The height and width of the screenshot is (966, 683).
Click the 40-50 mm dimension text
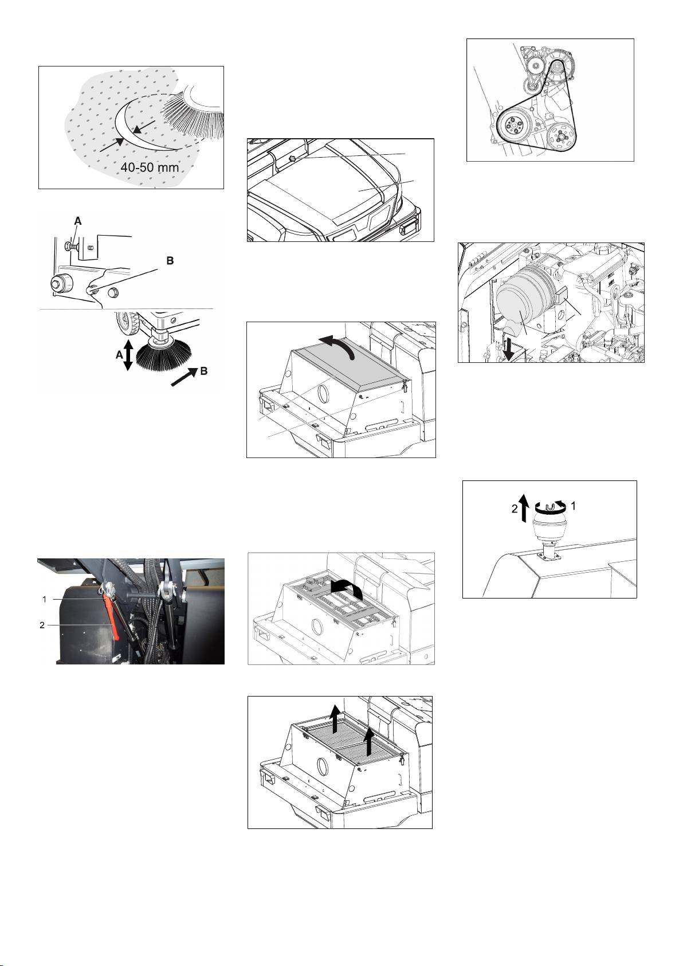(150, 167)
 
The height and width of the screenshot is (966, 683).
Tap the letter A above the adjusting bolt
(78, 221)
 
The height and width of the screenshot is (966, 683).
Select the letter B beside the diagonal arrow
(203, 371)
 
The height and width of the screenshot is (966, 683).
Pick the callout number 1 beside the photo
(44, 599)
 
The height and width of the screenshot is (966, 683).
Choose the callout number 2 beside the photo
(42, 625)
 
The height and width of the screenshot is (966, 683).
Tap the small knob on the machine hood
(292, 159)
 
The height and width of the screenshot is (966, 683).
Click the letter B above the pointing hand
(170, 261)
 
